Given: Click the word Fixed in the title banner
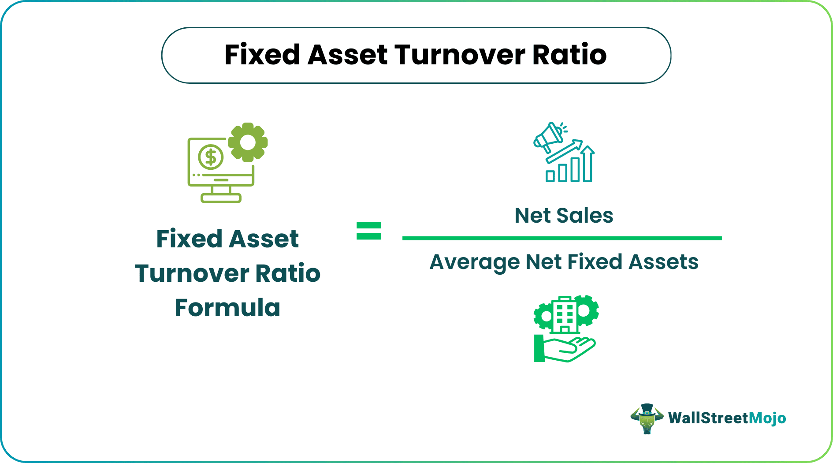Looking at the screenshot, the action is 262,55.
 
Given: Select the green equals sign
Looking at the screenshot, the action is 369,231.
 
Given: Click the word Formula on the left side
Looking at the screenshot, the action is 227,308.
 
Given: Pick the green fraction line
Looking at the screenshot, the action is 562,238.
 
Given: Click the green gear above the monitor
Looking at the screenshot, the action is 248,142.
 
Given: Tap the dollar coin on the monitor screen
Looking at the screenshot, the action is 211,157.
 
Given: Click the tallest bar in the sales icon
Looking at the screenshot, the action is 587,164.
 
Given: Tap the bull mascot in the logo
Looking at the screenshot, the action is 647,418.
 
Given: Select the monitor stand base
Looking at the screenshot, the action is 221,198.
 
